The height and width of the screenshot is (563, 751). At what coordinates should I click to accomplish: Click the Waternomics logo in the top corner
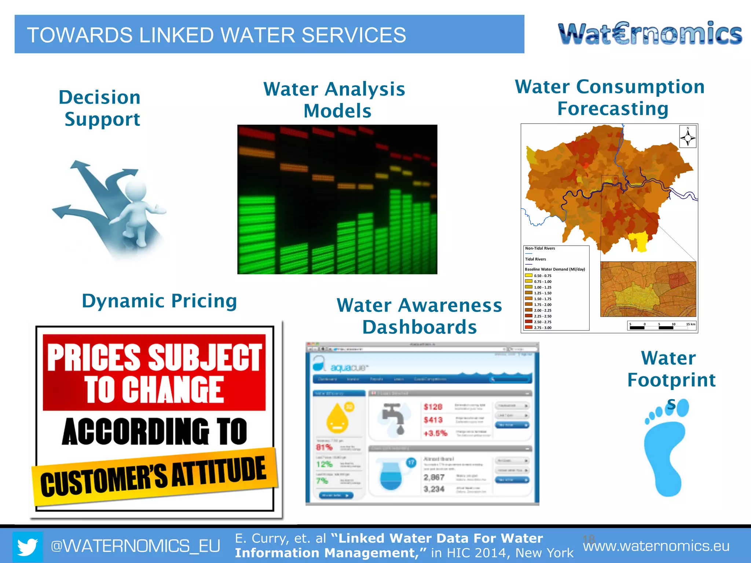[650, 34]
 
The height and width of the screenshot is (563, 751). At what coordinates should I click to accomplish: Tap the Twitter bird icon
[28, 547]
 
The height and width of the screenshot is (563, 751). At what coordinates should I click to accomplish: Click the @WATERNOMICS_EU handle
[135, 546]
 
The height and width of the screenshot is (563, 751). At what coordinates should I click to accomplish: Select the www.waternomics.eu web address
[656, 546]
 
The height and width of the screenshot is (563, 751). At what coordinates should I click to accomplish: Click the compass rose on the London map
[688, 137]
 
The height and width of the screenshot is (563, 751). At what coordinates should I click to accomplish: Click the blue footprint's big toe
[682, 408]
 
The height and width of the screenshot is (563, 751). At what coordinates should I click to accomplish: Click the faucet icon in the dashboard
[392, 418]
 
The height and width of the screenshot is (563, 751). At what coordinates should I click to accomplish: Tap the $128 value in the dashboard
[433, 407]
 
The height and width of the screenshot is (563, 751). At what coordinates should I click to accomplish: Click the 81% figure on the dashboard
[324, 448]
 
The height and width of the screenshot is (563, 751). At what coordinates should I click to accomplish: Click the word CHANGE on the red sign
[154, 390]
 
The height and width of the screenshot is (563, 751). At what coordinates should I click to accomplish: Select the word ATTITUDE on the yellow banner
[219, 472]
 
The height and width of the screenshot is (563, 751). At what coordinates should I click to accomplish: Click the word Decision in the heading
[100, 97]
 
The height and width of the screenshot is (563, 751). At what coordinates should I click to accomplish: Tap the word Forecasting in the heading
[613, 109]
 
